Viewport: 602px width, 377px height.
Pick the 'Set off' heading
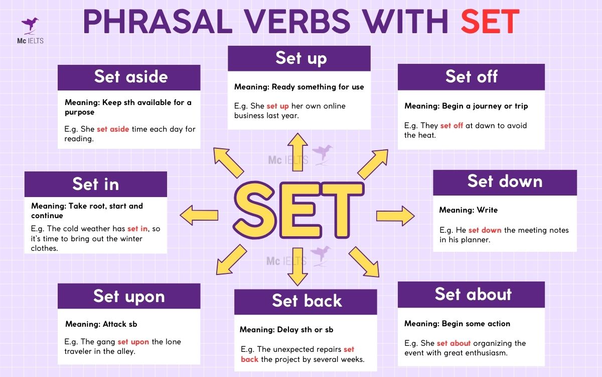(471, 77)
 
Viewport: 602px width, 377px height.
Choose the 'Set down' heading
(505, 181)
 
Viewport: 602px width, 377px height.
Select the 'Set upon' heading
(129, 297)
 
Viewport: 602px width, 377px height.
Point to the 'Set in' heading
(96, 184)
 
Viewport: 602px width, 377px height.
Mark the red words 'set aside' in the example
(113, 129)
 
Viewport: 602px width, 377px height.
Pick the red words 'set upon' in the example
(133, 342)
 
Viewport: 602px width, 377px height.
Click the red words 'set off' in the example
(452, 126)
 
